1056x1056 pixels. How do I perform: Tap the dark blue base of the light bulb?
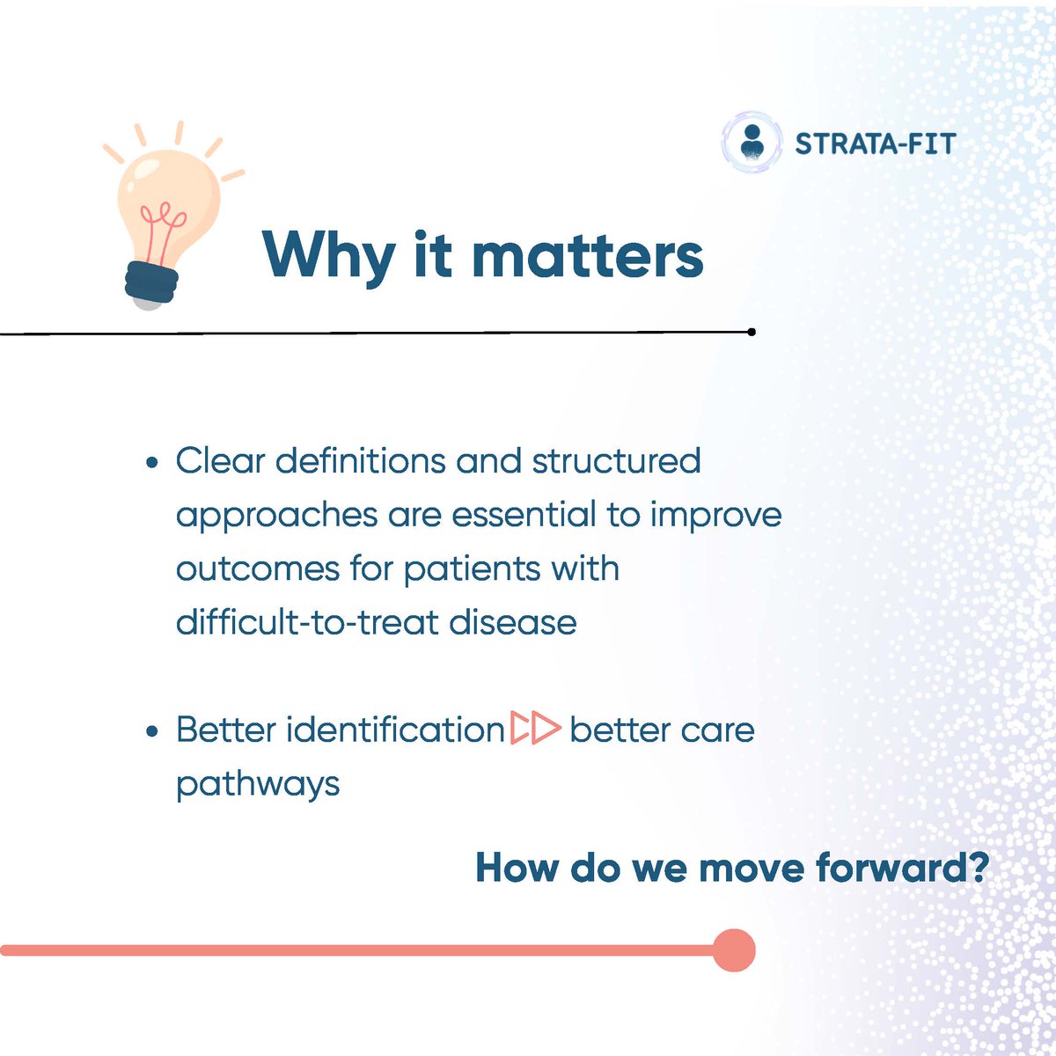coord(151,282)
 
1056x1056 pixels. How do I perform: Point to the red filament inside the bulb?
coord(162,231)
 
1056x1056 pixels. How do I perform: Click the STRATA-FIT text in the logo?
coord(875,144)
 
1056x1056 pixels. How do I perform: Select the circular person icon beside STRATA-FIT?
coord(752,143)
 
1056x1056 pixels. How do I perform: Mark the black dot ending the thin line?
coord(752,332)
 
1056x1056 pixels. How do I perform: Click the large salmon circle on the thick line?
coord(734,950)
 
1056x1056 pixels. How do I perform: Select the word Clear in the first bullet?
coord(220,461)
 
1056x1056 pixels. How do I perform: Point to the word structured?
coord(617,461)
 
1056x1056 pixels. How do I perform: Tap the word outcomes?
coord(258,568)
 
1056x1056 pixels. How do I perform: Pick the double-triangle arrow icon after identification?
coord(535,728)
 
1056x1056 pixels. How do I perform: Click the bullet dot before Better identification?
coord(152,731)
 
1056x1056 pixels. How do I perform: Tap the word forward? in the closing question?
coord(902,868)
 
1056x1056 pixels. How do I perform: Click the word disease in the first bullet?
coord(513,622)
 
